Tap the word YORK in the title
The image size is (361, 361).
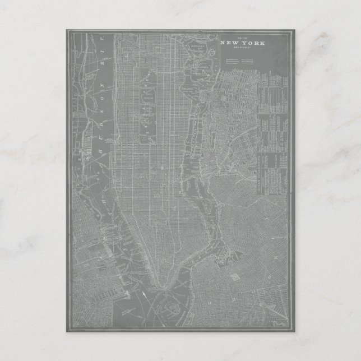click(253, 43)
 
